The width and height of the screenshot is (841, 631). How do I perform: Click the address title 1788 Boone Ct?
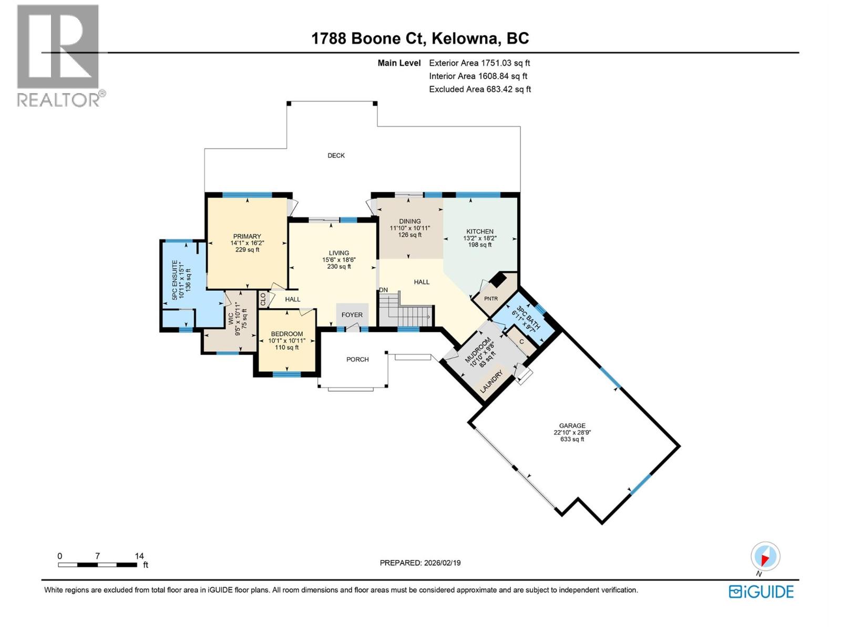tap(420, 38)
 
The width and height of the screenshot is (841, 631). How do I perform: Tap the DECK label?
tap(336, 155)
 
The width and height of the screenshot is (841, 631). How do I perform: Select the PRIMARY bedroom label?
tap(247, 237)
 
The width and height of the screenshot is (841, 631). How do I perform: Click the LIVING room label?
tap(339, 253)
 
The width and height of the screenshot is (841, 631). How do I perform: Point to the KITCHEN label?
tap(479, 231)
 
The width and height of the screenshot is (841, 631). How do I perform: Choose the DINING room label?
tap(409, 221)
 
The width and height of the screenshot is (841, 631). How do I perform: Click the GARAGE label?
tap(572, 426)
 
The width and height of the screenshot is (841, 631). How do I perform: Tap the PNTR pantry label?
tap(490, 299)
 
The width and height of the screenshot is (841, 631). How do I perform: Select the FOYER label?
tap(352, 315)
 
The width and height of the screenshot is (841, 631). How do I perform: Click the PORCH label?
tap(357, 360)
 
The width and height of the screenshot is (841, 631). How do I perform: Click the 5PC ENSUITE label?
tap(176, 280)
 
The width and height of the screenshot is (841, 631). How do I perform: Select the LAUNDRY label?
tap(493, 381)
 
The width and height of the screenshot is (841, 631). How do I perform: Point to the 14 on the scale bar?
tap(139, 556)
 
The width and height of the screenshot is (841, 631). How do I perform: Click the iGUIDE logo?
tap(761, 592)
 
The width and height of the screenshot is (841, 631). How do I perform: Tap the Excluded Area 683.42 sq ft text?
tap(479, 89)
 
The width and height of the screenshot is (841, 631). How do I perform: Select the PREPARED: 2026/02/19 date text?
tap(420, 563)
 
